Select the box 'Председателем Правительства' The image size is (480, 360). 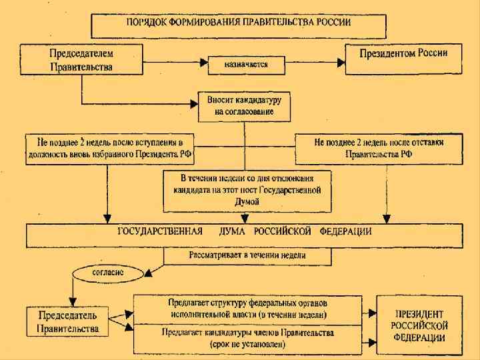81,59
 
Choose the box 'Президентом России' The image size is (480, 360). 403,58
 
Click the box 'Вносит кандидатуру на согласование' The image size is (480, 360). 244,105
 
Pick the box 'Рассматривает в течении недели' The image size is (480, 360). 247,255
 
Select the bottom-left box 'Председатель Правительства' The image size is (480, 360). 69,322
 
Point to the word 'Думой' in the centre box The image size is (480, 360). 247,201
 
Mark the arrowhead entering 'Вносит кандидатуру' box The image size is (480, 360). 194,103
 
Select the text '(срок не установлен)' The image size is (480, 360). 246,345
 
